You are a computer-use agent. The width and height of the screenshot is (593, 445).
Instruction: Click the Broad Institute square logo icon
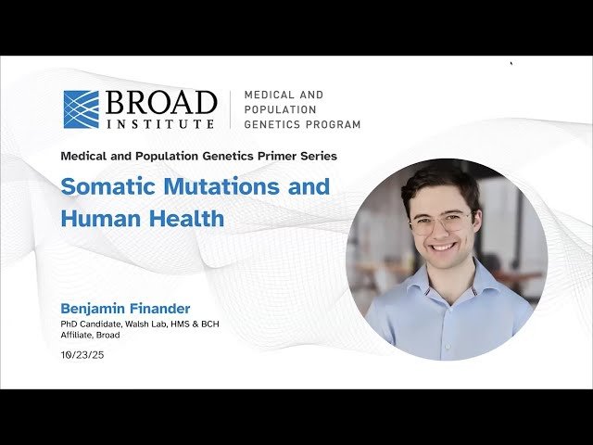pos(81,108)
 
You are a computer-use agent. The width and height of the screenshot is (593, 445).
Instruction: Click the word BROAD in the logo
pos(160,101)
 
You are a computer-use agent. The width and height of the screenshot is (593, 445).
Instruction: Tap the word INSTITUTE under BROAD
pos(160,121)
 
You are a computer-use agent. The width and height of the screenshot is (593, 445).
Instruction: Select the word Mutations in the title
pos(221,185)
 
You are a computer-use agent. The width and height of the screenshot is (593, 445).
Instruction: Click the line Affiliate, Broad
pos(90,335)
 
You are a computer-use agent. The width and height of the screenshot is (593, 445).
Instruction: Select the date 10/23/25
pos(82,355)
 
